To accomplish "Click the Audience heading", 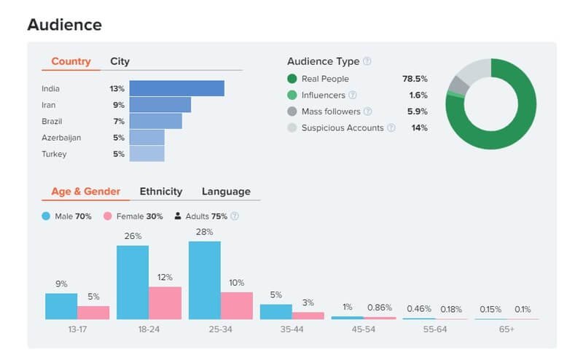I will (x=64, y=24).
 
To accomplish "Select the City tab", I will (x=120, y=61).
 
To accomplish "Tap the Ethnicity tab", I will (x=161, y=192).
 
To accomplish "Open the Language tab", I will (x=226, y=192).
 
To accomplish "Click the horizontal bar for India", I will (x=177, y=88).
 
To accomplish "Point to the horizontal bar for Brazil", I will (x=156, y=121).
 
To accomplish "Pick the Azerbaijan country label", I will (x=61, y=137).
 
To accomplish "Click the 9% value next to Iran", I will (x=118, y=105).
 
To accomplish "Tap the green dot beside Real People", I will (x=292, y=79).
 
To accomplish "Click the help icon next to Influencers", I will (x=353, y=95).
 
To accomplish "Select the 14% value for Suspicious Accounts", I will (x=419, y=128).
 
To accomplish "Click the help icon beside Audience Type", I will (x=367, y=61).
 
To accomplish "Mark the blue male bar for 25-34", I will (x=205, y=281).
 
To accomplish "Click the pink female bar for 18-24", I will (x=165, y=302).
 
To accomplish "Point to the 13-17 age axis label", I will (x=77, y=329).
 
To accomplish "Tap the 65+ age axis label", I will (x=506, y=329).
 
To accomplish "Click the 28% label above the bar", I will (x=204, y=232).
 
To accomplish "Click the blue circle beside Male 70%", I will (x=47, y=216).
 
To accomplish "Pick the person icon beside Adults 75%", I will (x=178, y=216).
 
